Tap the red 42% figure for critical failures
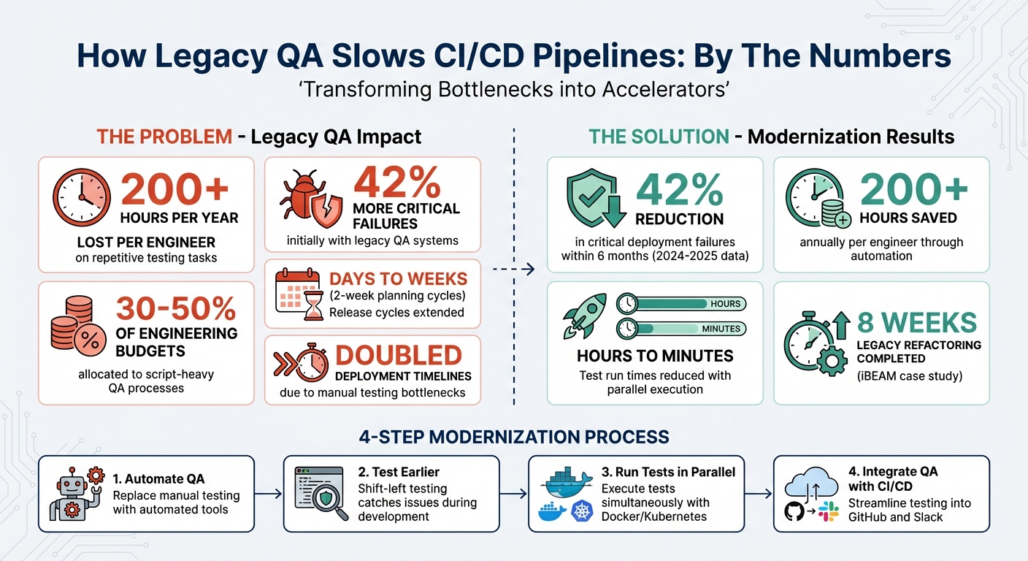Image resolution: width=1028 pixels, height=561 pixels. pos(397,183)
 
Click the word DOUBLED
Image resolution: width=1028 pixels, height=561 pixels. pos(398,356)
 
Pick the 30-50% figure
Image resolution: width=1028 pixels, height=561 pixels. pos(176,309)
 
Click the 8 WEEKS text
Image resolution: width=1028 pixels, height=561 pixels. pos(917,323)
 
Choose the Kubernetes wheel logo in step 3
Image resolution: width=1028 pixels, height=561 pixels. pos(582,512)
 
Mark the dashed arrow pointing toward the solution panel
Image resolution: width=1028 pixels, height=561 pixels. pos(514,270)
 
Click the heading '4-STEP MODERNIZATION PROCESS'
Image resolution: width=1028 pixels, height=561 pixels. pos(513,437)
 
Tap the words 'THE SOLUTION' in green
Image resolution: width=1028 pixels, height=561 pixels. pos(659,137)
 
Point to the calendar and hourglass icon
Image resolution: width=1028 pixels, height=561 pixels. pos(299,294)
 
